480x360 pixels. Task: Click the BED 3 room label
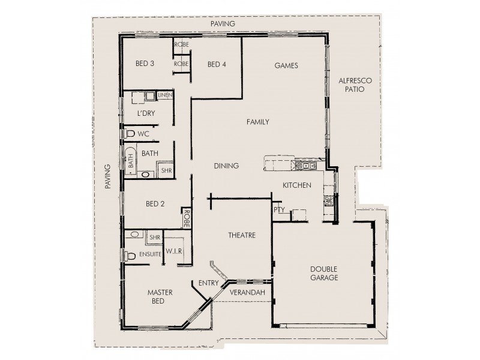[x=145, y=64]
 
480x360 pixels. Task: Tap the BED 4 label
[x=217, y=64]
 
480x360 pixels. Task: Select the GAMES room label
[x=286, y=65]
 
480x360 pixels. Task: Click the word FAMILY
[x=257, y=122]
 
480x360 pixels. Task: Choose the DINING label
[x=226, y=166]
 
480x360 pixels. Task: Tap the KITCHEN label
[x=297, y=185]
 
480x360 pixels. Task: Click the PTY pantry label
[x=278, y=210]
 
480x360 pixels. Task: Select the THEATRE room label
[x=241, y=235]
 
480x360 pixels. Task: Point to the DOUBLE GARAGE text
[x=324, y=273]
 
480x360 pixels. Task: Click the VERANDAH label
[x=247, y=292]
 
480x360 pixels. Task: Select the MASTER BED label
[x=160, y=297]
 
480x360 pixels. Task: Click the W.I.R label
[x=174, y=250]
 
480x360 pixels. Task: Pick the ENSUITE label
[x=150, y=254]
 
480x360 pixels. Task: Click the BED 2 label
[x=155, y=204]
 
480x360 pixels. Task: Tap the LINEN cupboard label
[x=165, y=95]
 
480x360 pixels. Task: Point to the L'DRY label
[x=146, y=114]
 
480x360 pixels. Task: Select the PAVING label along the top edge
[x=223, y=23]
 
